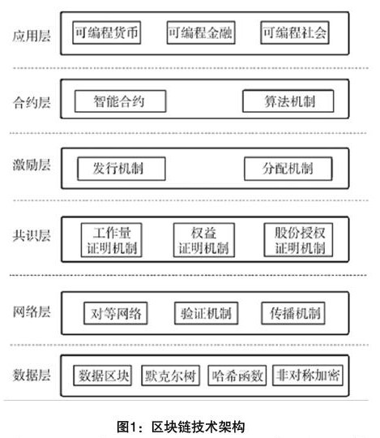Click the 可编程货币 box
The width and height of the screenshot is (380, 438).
107,32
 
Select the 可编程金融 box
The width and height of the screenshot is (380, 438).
201,32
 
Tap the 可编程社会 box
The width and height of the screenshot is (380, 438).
295,32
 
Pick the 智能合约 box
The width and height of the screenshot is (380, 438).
120,101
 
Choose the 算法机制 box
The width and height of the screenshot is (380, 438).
288,101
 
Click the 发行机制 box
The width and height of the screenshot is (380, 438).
122,169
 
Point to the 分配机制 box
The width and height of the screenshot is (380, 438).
288,169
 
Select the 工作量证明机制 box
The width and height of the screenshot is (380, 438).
112,240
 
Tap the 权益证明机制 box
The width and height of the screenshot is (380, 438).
204,240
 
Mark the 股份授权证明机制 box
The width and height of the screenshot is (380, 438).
298,240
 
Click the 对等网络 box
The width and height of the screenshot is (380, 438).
116,313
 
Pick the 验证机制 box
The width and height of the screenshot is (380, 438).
206,313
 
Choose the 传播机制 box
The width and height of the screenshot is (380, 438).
293,313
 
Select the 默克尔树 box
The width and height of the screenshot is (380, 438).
170,376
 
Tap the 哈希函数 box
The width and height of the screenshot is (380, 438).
237,376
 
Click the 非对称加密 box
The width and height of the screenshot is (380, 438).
308,376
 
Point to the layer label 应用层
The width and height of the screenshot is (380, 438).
32,36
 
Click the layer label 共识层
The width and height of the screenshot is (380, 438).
32,235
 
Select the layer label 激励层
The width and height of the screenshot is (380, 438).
32,165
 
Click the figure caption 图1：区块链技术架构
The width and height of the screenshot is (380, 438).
181,427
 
